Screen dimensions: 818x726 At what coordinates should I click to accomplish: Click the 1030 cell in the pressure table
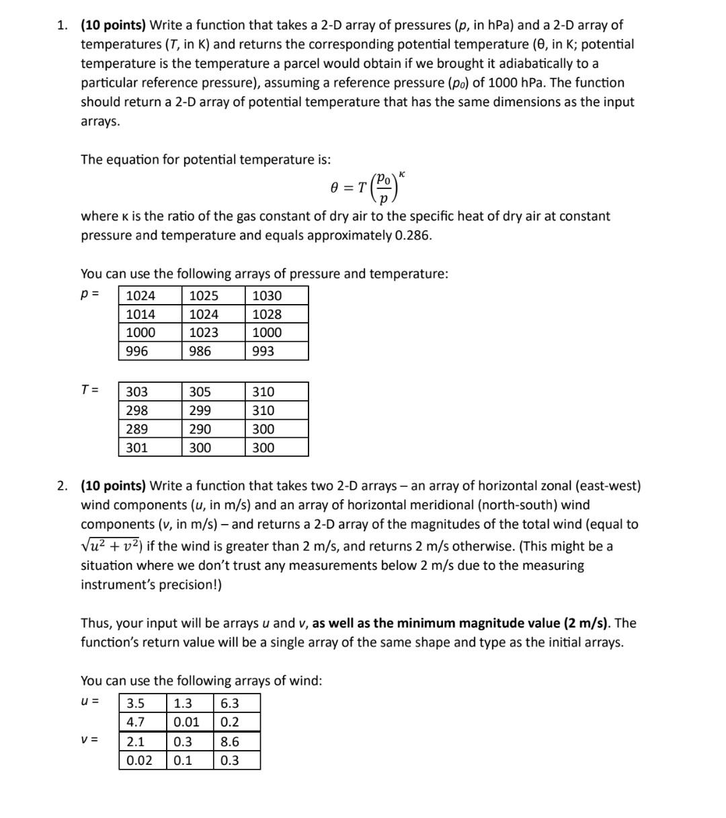267,295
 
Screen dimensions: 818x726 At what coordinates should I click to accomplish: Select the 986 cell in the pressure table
200,351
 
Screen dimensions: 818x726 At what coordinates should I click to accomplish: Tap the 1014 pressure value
140,314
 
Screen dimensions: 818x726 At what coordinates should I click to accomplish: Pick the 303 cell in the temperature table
137,392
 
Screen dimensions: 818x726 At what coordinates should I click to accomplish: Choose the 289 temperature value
137,429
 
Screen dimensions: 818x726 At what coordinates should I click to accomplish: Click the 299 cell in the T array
200,410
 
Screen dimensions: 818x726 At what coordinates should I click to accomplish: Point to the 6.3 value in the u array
230,704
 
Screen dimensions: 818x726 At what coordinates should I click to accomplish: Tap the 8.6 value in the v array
230,742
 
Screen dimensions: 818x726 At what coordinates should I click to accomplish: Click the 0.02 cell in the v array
139,761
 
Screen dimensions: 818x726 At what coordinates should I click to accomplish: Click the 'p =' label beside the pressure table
90,295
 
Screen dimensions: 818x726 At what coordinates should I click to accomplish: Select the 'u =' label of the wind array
90,702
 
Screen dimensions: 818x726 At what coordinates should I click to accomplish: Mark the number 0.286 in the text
412,236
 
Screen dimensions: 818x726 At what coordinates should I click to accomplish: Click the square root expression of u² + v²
112,546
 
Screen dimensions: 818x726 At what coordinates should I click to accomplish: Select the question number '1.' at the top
63,26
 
